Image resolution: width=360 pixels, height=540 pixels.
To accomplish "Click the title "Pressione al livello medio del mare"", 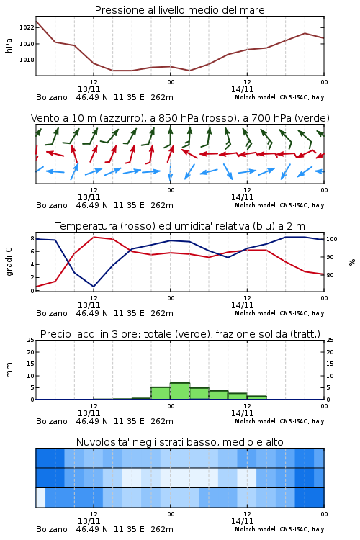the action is (x=179, y=10).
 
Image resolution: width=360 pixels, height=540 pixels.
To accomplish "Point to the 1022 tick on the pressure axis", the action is (x=27, y=27).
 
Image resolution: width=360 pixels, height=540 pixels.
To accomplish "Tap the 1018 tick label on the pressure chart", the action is (x=27, y=60).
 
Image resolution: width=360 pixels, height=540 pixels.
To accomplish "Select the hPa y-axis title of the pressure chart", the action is (x=9, y=45).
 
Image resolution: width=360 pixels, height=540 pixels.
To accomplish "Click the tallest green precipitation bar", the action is (x=180, y=391).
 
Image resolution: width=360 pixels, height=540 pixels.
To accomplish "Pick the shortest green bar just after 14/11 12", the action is (x=256, y=397).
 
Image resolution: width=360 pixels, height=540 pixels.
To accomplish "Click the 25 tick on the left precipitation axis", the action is (x=31, y=340).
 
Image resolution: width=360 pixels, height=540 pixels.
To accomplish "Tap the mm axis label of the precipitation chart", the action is (x=9, y=370).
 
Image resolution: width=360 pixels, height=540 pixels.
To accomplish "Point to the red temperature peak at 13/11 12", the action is (x=94, y=237).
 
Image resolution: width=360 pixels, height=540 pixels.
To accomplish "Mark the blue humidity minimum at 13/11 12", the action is (x=94, y=287).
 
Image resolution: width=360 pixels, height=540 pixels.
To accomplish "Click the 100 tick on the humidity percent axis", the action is (x=332, y=239).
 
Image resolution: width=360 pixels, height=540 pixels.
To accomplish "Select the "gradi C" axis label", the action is (x=9, y=261).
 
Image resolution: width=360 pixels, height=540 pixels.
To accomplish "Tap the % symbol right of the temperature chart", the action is (x=352, y=262).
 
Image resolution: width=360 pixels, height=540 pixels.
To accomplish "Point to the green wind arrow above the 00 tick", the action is (x=169, y=136).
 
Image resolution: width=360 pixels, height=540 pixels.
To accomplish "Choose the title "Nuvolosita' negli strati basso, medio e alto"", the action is (x=179, y=442).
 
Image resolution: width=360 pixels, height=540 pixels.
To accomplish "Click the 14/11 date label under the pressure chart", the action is (x=242, y=89).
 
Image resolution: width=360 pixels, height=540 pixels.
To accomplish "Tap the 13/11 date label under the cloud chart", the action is (x=89, y=521).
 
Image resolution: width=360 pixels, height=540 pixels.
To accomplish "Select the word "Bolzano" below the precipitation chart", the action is (x=52, y=421).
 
